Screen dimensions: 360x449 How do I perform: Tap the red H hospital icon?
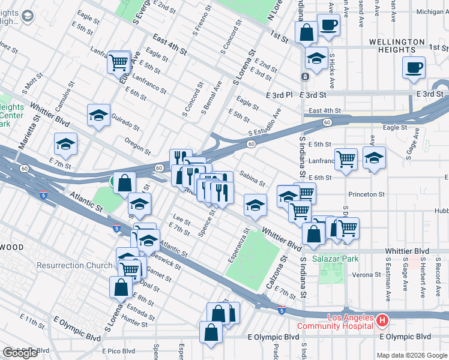tap(382, 321)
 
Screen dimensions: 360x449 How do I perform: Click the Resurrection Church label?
tap(74, 265)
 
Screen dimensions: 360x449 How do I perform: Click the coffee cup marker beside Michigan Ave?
tap(328, 25)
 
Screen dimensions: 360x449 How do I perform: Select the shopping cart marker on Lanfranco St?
tap(346, 159)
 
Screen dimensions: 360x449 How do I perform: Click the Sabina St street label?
tap(252, 178)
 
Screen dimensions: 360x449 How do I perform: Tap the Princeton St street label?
tap(366, 194)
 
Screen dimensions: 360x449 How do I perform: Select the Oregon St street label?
tap(137, 145)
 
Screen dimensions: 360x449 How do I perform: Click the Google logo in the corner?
tap(20, 353)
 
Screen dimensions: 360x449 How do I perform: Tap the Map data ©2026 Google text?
tap(412, 355)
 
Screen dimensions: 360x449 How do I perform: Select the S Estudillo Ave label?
tap(265, 124)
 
